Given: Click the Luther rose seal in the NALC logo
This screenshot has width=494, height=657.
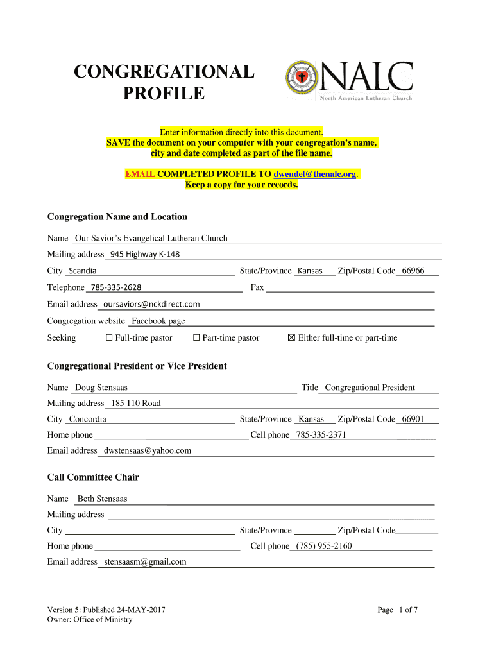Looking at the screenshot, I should [x=301, y=80].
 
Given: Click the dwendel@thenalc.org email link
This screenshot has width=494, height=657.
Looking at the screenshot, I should [x=315, y=174].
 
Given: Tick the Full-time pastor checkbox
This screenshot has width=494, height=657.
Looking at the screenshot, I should [x=109, y=337].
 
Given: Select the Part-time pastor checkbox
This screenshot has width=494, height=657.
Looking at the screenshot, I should [x=197, y=337].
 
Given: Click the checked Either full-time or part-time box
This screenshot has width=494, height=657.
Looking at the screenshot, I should [x=291, y=337].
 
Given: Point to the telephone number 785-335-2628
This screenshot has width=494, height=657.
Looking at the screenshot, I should [x=116, y=287].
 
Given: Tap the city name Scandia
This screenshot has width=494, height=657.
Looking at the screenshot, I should [x=83, y=271].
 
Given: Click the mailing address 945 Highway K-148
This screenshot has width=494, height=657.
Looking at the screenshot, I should [x=145, y=254].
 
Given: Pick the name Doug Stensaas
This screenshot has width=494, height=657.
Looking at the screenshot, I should [x=101, y=388].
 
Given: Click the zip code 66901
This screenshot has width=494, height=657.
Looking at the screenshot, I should [x=412, y=419].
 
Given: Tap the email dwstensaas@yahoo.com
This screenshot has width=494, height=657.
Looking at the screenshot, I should [x=148, y=450].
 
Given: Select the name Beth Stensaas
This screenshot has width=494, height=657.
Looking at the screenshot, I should [x=102, y=499].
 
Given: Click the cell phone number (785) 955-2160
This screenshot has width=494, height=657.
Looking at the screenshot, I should [x=324, y=546].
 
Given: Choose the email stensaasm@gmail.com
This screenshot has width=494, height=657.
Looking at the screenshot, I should [x=145, y=561].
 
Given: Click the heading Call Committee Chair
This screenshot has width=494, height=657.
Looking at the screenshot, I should [x=93, y=477].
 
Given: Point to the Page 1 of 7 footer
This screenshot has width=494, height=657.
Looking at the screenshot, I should [x=398, y=610].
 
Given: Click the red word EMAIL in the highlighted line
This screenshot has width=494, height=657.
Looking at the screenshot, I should [x=139, y=174].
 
